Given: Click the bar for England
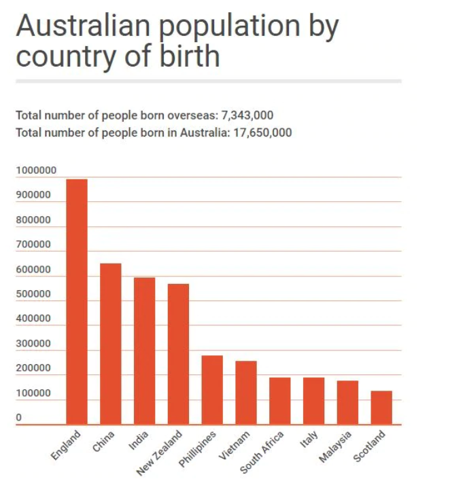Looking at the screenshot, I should [76, 302].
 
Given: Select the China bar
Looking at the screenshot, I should [111, 344].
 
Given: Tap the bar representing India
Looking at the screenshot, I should [144, 351].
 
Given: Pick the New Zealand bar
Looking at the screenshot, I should [178, 354].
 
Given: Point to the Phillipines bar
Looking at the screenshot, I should [212, 390].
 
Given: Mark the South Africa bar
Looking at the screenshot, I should [279, 401].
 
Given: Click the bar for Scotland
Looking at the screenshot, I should [381, 408].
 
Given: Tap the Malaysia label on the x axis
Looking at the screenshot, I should [336, 446].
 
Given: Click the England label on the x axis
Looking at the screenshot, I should [66, 446].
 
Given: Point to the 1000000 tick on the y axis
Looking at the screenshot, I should [36, 171].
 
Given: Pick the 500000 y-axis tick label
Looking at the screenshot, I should [33, 294].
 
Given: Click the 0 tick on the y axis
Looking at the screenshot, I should [19, 417].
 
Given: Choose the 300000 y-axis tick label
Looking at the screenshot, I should [33, 344].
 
